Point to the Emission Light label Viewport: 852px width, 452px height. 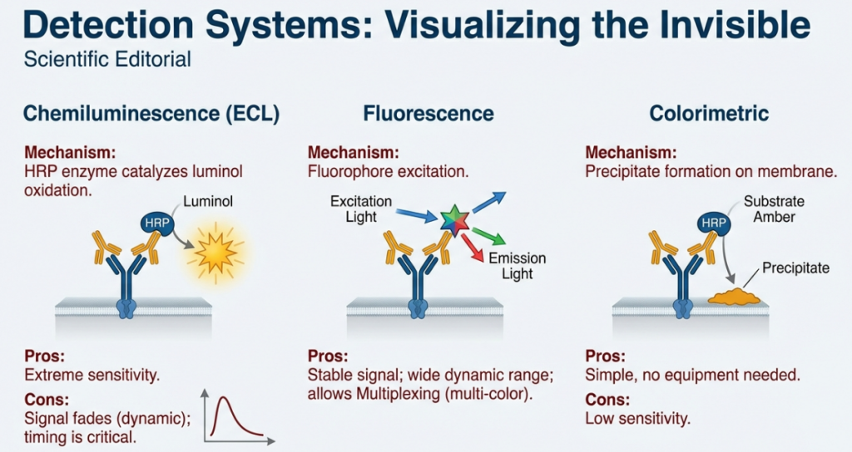[x=517, y=266]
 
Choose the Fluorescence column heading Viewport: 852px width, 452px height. [x=428, y=113]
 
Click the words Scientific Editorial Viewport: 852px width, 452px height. [x=107, y=60]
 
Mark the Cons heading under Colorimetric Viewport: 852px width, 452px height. [x=608, y=399]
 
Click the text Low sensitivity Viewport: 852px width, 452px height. [x=637, y=418]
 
